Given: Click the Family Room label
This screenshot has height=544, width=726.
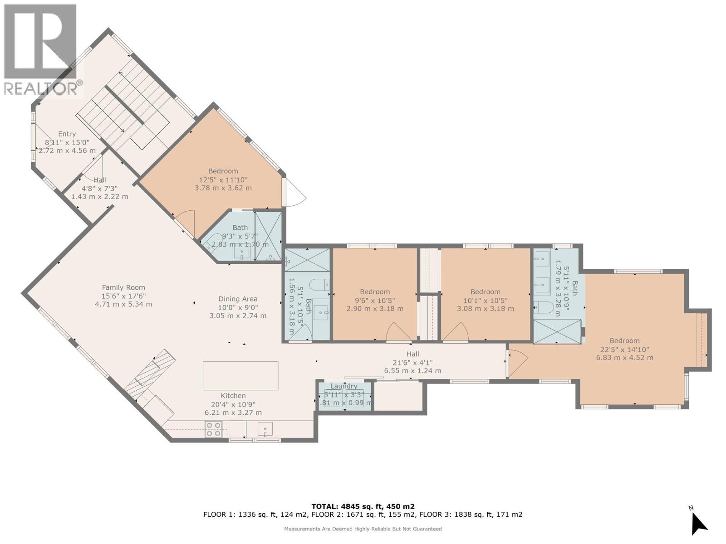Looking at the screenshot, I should (x=123, y=287).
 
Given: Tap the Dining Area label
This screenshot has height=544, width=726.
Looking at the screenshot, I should (x=238, y=299).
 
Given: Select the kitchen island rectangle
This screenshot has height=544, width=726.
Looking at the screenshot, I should (x=240, y=375).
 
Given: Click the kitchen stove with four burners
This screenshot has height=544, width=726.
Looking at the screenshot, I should (x=214, y=429).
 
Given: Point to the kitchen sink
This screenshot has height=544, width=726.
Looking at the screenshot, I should (x=265, y=428).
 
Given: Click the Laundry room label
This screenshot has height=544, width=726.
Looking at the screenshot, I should (x=344, y=386).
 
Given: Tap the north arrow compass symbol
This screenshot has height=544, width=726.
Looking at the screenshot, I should (x=698, y=523).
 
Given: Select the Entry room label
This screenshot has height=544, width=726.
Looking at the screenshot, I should (x=67, y=134).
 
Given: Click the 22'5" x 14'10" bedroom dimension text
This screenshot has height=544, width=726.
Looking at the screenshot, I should (x=625, y=350).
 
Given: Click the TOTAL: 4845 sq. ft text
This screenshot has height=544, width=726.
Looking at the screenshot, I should (x=363, y=506).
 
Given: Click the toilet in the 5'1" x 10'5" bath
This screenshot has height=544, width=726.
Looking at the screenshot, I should (x=319, y=285).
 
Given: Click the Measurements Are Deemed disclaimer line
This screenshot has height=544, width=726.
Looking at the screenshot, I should (x=363, y=529).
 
